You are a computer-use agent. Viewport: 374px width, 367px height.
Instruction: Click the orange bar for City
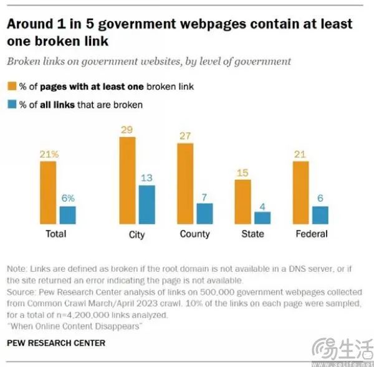pyautogui.click(x=127, y=181)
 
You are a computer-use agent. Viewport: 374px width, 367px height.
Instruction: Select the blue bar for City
pyautogui.click(x=146, y=204)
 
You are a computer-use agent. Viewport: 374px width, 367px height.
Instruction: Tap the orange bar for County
pyautogui.click(x=186, y=183)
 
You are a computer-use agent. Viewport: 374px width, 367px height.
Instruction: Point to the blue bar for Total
pyautogui.click(x=67, y=215)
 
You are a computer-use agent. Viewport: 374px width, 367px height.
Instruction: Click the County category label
pyautogui.click(x=194, y=234)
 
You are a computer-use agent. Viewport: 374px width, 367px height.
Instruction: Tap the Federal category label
pyautogui.click(x=310, y=234)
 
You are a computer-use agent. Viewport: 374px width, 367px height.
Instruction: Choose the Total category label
pyautogui.click(x=56, y=234)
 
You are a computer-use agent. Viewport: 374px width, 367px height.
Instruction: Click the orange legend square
pyautogui.click(x=12, y=87)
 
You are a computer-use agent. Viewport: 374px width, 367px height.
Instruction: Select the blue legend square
pyautogui.click(x=12, y=104)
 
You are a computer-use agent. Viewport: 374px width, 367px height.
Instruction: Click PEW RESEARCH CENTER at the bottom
pyautogui.click(x=56, y=343)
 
